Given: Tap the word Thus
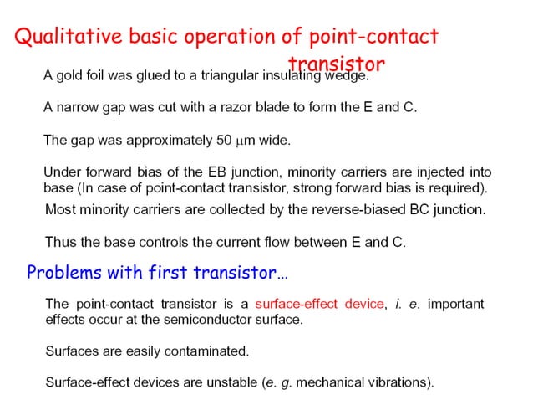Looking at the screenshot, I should tap(60, 242).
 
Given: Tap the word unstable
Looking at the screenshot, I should tap(225, 382).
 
